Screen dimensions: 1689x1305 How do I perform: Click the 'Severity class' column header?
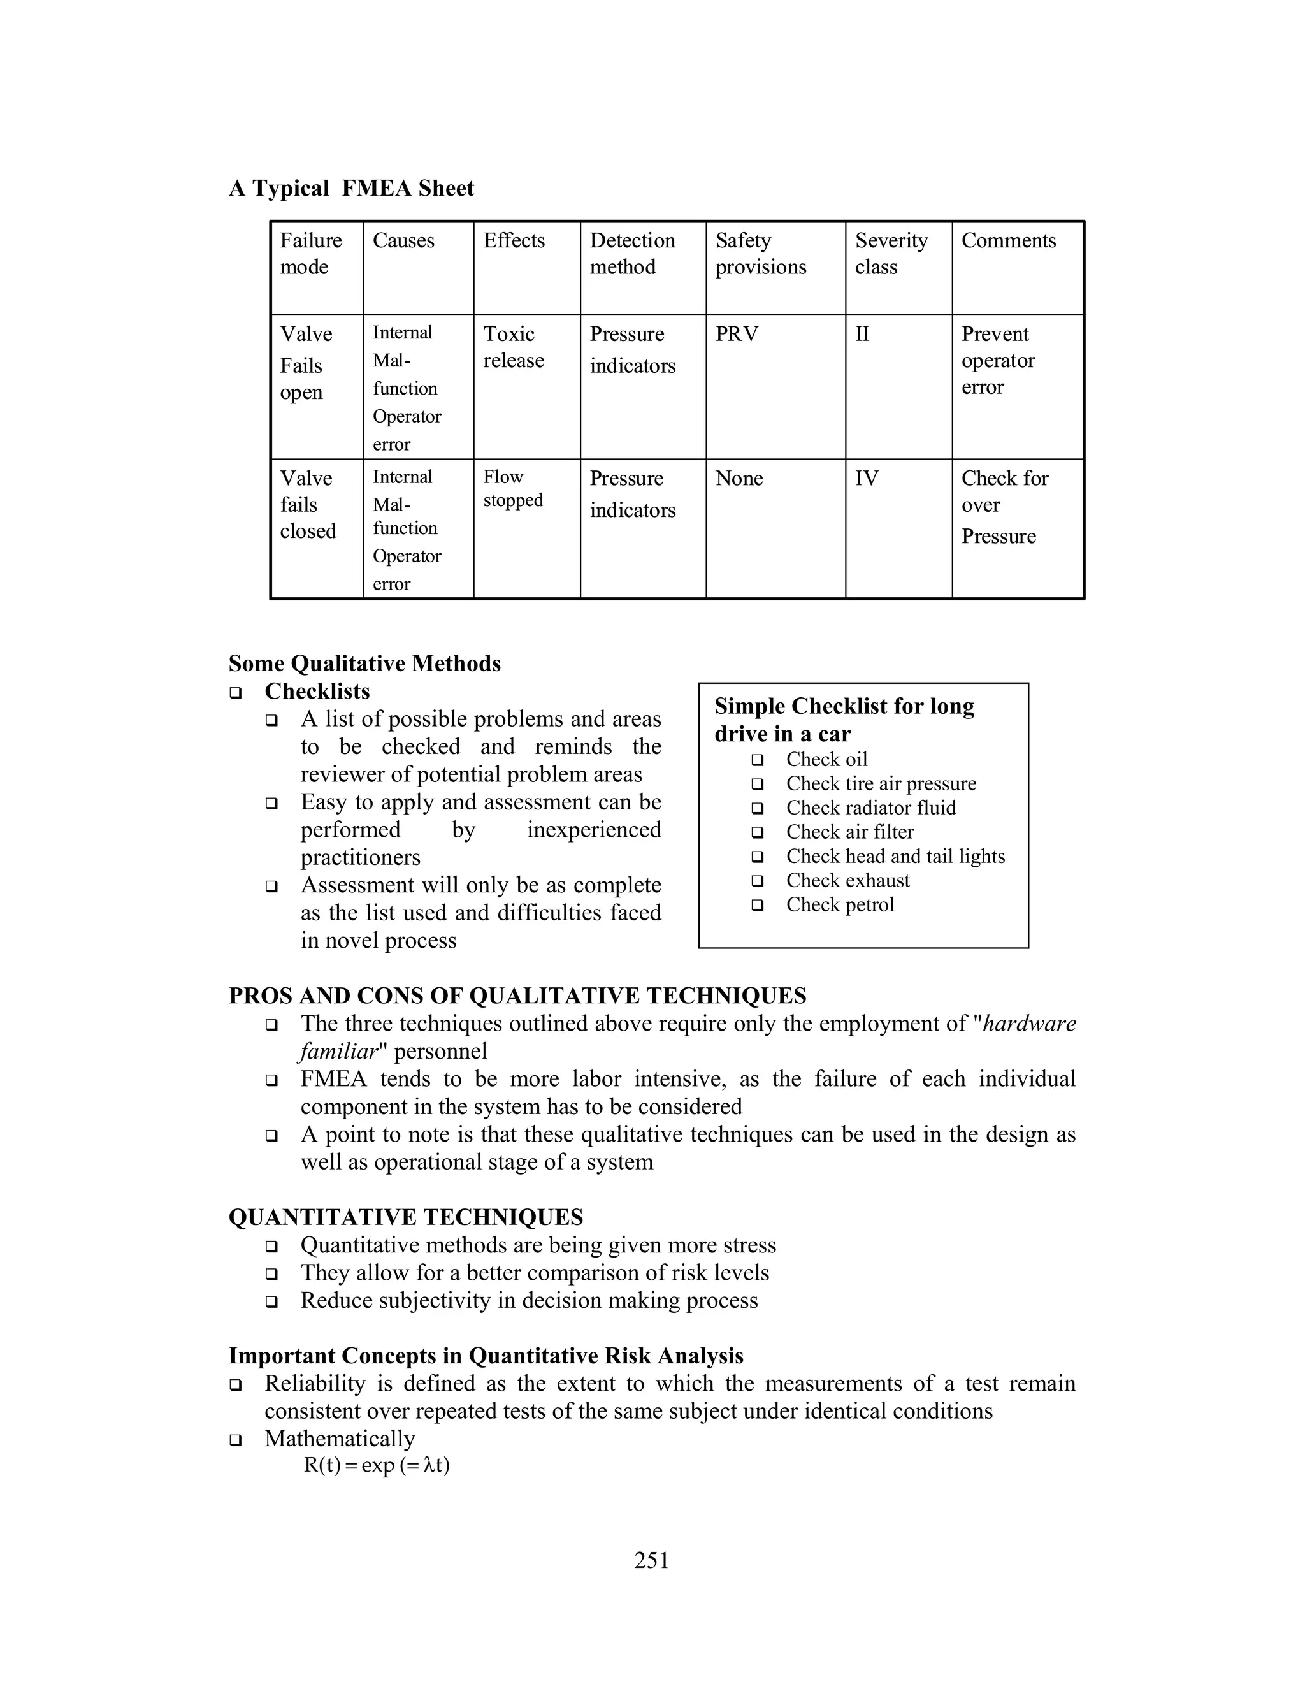(891, 253)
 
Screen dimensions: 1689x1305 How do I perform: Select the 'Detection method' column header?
(631, 253)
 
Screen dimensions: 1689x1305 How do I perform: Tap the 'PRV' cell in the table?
(736, 334)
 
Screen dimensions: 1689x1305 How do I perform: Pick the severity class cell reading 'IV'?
(866, 479)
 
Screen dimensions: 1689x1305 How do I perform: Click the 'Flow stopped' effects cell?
(512, 489)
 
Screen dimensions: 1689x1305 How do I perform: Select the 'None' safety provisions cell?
(739, 479)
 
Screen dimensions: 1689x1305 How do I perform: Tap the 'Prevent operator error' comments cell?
(997, 360)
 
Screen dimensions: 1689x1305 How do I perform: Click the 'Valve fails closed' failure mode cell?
(308, 505)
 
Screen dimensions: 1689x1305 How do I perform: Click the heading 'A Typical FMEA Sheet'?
(351, 188)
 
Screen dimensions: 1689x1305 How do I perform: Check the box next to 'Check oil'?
(758, 760)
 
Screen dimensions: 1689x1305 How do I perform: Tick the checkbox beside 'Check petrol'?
(758, 905)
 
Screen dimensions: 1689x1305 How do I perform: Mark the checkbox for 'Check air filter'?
(758, 833)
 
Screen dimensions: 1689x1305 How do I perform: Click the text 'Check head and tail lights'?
(895, 856)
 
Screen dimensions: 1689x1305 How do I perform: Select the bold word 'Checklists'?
(317, 692)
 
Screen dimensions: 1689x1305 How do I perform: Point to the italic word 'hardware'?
(1029, 1024)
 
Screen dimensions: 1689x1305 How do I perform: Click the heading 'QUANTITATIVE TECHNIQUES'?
(405, 1217)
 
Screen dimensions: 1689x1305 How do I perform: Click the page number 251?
(652, 1561)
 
